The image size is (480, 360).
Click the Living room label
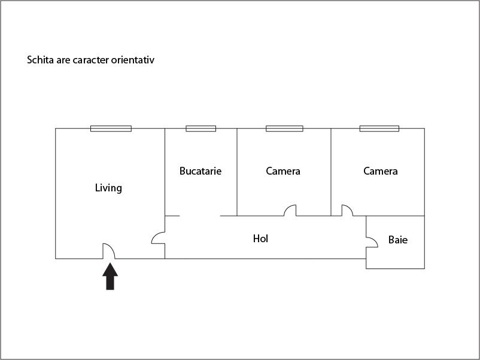(x=108, y=188)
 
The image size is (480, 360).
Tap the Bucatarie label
(x=200, y=170)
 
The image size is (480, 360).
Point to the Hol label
(x=260, y=239)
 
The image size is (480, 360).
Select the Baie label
(x=398, y=239)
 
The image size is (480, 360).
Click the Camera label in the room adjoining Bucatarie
(x=283, y=171)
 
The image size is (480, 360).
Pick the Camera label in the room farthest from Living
(x=381, y=171)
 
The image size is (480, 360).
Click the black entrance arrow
(x=110, y=276)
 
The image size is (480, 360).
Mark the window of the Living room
(x=111, y=129)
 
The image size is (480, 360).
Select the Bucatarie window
(x=201, y=129)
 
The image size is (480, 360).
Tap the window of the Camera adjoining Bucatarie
(x=284, y=129)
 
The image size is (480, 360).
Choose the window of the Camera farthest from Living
(x=379, y=129)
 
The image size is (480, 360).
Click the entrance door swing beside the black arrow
(x=112, y=247)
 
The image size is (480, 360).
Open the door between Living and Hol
(x=155, y=236)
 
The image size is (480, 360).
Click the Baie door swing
(x=375, y=239)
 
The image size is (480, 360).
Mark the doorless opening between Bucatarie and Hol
(x=200, y=216)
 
